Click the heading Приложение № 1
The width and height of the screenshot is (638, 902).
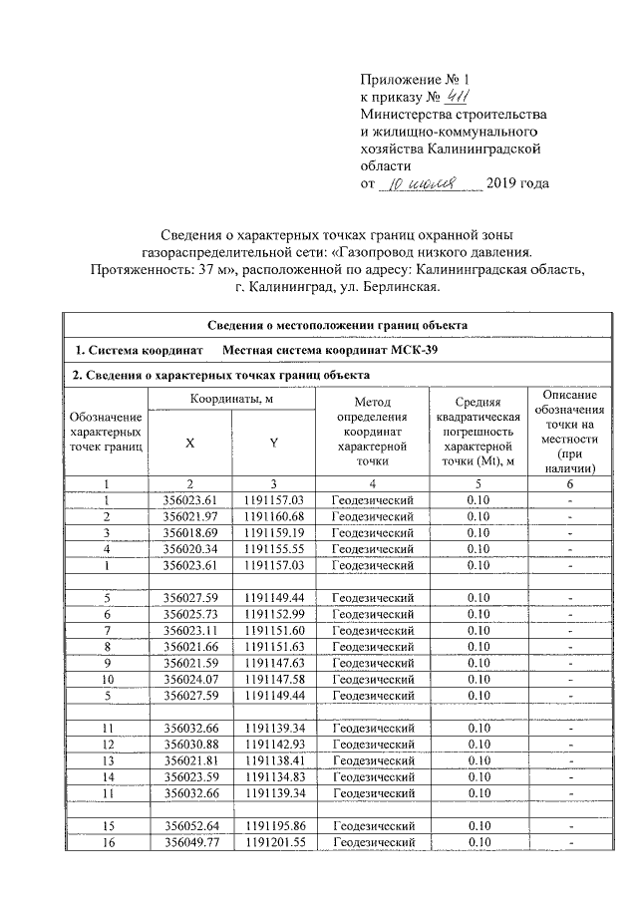pos(412,78)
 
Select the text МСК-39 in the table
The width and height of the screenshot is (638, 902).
pos(413,351)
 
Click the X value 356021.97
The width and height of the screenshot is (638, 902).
pos(189,515)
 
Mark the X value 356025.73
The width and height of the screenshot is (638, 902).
pos(189,613)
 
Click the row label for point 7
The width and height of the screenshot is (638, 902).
pos(106,630)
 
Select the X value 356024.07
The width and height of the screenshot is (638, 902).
pos(189,679)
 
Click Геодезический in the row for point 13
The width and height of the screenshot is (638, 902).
pos(372,759)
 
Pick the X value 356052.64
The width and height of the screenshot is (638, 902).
pos(189,825)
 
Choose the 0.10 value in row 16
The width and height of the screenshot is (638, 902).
pos(479,841)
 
